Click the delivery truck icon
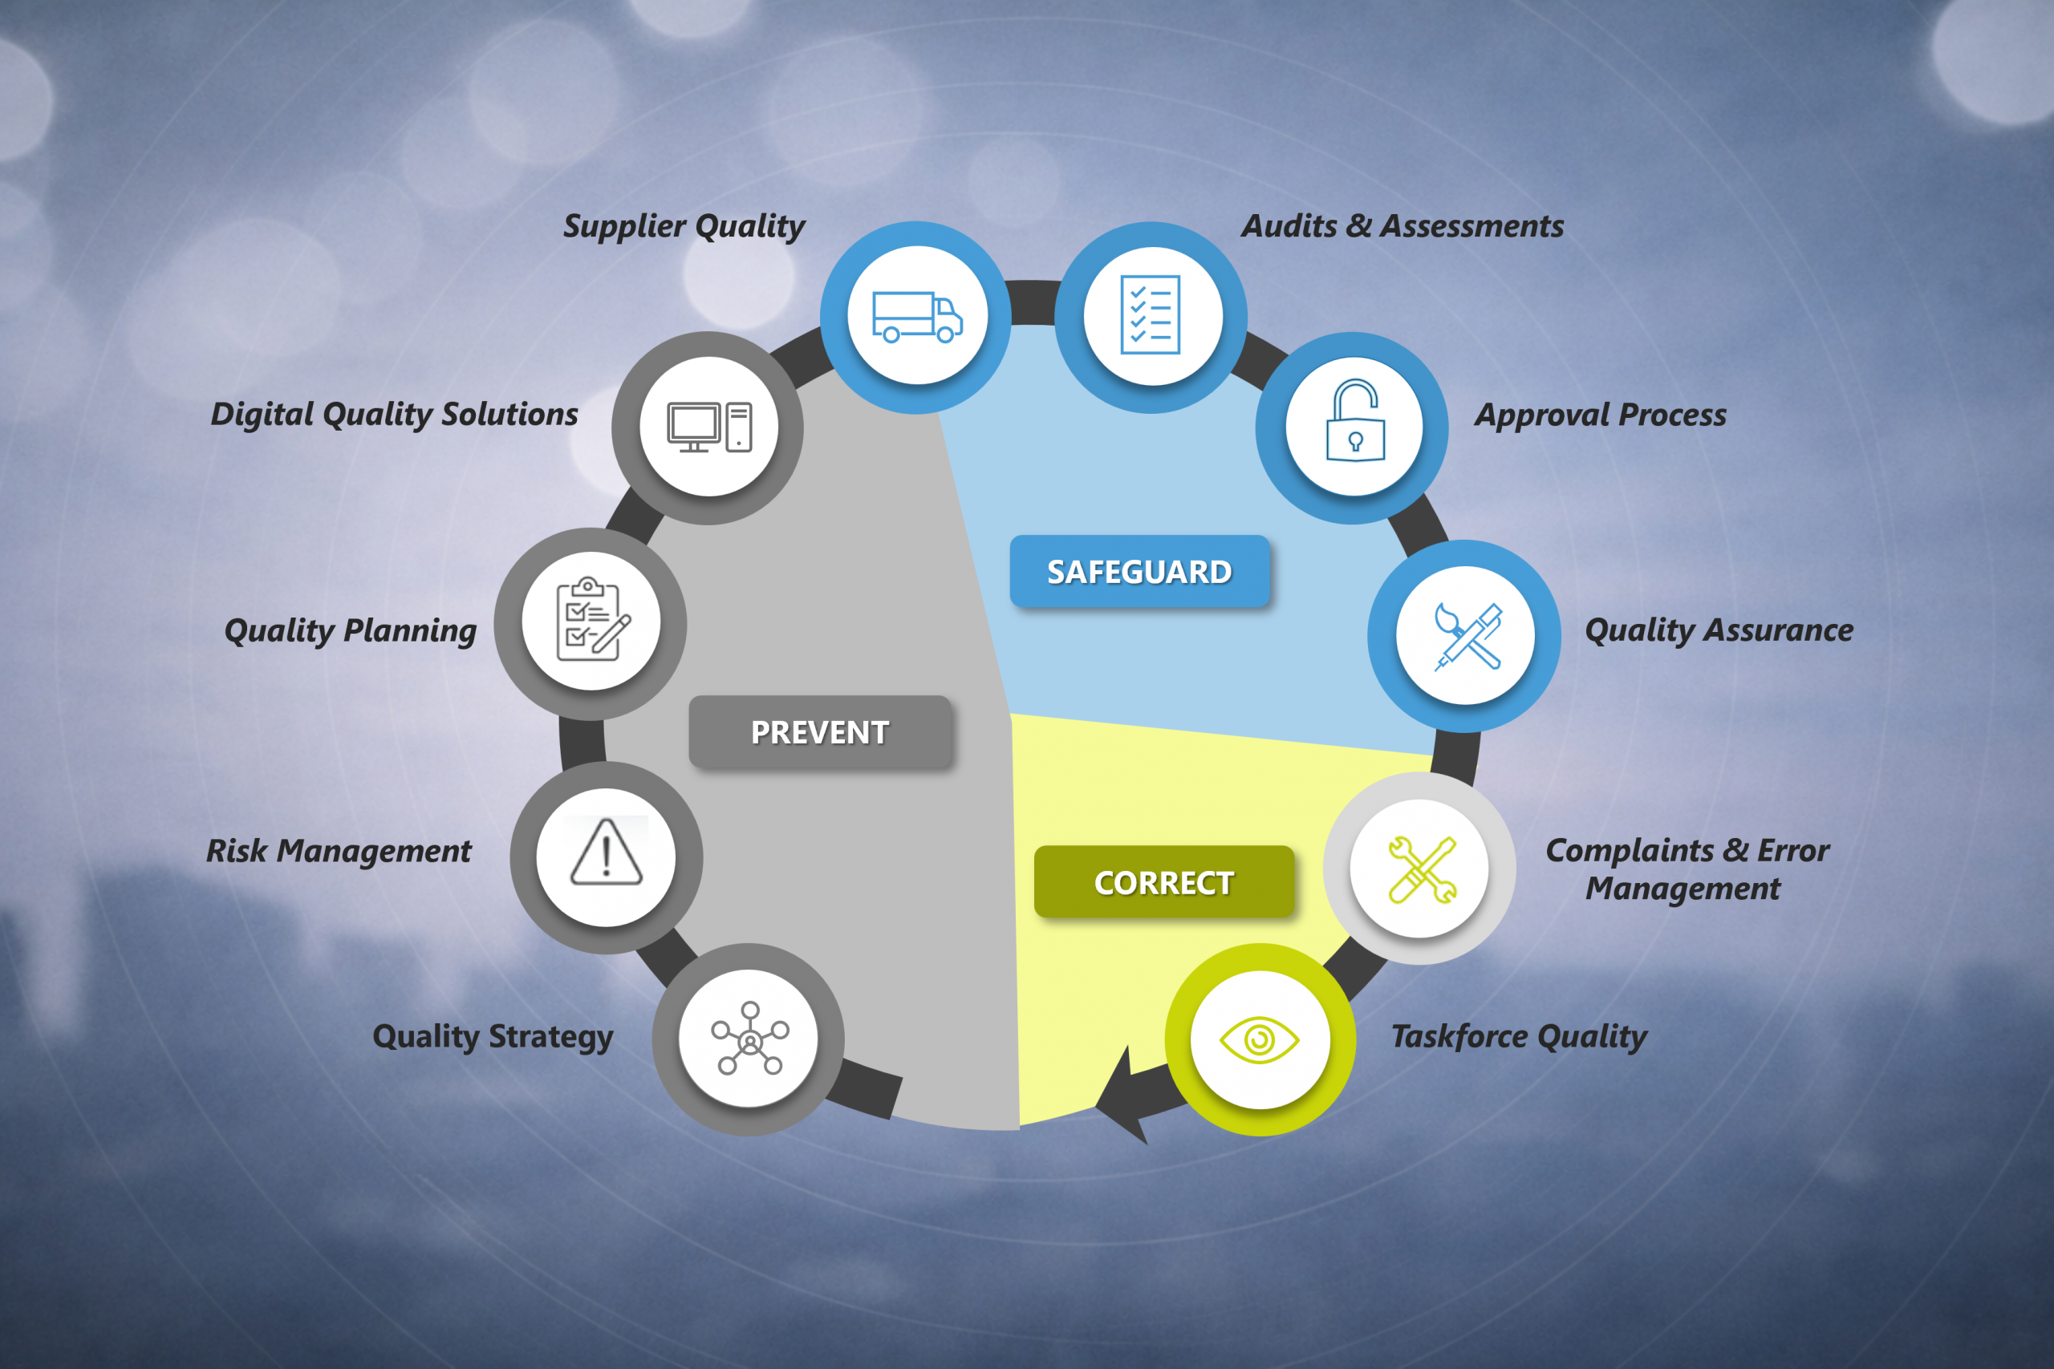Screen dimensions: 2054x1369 pyautogui.click(x=917, y=317)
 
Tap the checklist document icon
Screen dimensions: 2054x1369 pyautogui.click(x=1151, y=315)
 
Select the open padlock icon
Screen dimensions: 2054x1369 pyautogui.click(x=1354, y=420)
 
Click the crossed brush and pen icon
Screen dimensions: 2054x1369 pyautogui.click(x=1468, y=637)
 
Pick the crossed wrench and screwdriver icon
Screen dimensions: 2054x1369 pyautogui.click(x=1422, y=869)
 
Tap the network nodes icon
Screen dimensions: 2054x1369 pyautogui.click(x=749, y=1038)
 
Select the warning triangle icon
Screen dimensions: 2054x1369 pyautogui.click(x=606, y=853)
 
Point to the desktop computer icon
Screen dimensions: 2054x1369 pyautogui.click(x=709, y=427)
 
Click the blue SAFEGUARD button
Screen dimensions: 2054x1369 pyautogui.click(x=1139, y=571)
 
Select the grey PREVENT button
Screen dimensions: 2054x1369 pyautogui.click(x=820, y=731)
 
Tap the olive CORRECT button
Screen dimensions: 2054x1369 pyautogui.click(x=1164, y=882)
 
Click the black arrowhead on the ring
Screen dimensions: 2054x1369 pyautogui.click(x=1120, y=1100)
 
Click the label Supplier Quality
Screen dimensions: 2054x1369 pyautogui.click(x=684, y=226)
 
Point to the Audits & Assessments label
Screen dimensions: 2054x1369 pyautogui.click(x=1402, y=226)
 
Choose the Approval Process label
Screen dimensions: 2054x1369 pyautogui.click(x=1601, y=415)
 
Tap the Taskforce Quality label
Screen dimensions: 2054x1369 pyautogui.click(x=1519, y=1036)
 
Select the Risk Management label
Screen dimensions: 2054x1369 pyautogui.click(x=339, y=851)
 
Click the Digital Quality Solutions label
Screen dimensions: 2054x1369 pyautogui.click(x=394, y=415)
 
